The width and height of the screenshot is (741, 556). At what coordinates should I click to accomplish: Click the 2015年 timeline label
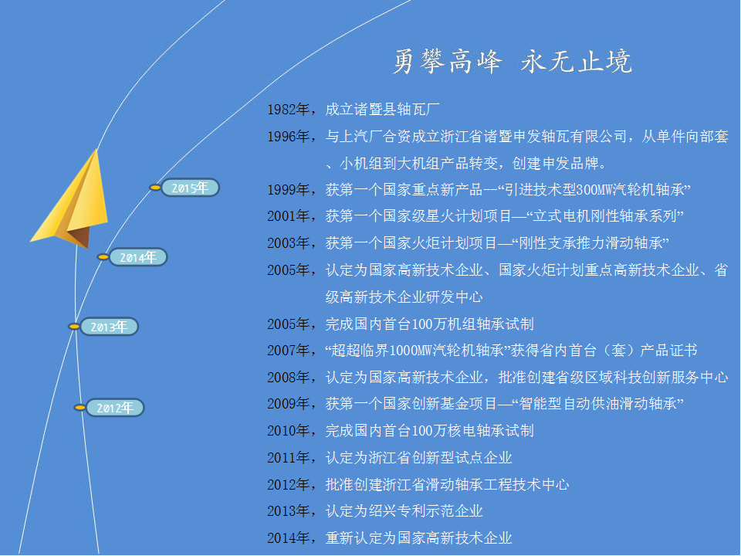coord(191,188)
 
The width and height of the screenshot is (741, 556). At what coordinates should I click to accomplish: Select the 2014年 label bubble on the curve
coord(138,257)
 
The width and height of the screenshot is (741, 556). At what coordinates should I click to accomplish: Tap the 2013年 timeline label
coord(109,327)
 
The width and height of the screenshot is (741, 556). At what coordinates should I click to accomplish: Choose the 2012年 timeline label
coord(115,408)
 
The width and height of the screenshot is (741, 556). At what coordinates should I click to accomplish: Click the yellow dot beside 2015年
coord(155,188)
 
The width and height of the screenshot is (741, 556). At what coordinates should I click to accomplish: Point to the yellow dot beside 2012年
coord(80,408)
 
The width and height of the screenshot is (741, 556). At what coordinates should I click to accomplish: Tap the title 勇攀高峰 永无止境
coord(513,62)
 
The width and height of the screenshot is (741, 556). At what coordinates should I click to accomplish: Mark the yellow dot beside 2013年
coord(74,327)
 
